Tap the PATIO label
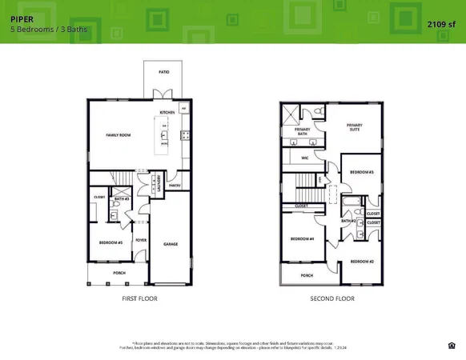pos(163,72)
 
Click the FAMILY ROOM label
pos(119,135)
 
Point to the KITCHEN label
pos(167,113)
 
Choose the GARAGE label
pos(171,244)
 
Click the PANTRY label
pos(175,186)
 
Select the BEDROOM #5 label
pos(110,242)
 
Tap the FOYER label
pos(140,238)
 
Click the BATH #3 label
pos(122,199)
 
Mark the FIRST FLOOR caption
pos(139,298)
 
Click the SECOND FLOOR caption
pos(332,298)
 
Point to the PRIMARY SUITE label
pos(354,127)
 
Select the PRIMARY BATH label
pos(302,131)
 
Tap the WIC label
pos(305,158)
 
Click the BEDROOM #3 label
pos(362,173)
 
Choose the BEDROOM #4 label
pos(302,238)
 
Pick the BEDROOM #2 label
pos(361,262)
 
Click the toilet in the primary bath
pos(318,110)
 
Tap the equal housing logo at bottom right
pos(452,346)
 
